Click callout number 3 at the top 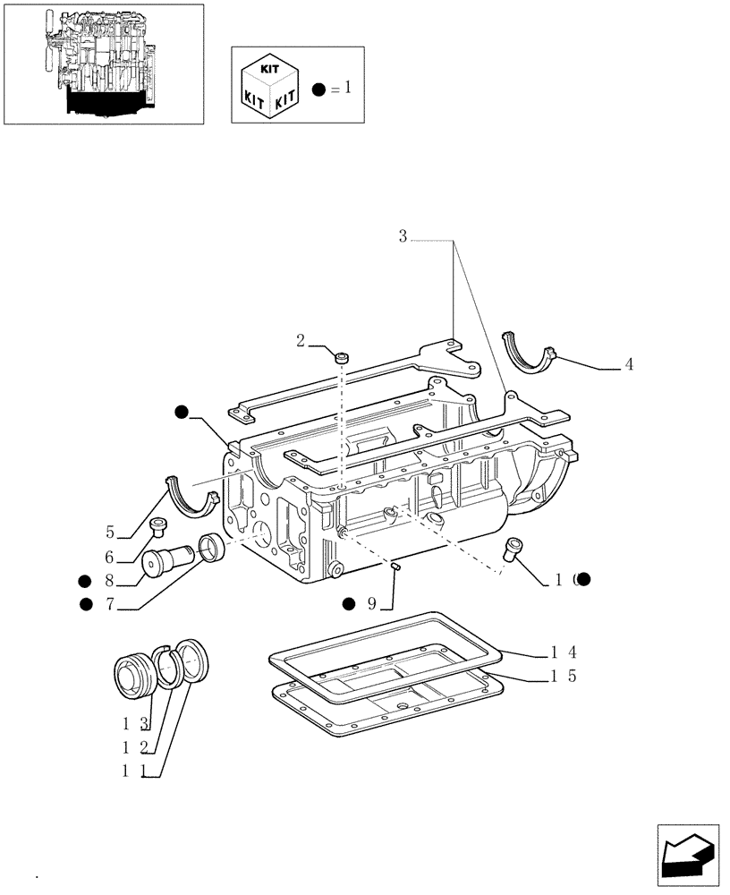[x=403, y=236]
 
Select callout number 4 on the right [x=629, y=365]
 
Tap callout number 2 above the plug [x=301, y=340]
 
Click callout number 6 [x=110, y=558]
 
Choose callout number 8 [x=110, y=580]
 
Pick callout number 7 [x=110, y=604]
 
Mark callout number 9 [x=372, y=604]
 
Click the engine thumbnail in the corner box [x=103, y=63]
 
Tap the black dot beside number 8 [x=85, y=580]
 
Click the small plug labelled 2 [x=342, y=358]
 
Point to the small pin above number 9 [x=395, y=565]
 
